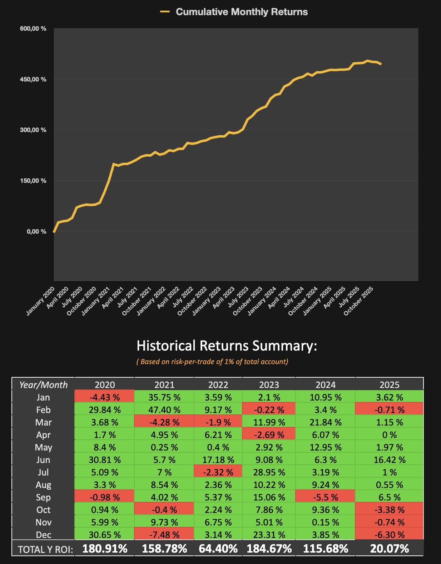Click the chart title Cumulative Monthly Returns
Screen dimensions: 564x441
click(242, 12)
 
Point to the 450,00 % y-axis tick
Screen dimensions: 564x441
click(33, 79)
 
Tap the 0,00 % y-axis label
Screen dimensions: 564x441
click(36, 232)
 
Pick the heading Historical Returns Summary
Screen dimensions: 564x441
click(227, 346)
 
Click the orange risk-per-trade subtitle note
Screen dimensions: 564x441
click(212, 362)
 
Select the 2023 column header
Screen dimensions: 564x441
click(269, 385)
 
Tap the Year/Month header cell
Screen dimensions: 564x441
click(43, 385)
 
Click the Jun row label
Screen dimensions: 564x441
click(43, 460)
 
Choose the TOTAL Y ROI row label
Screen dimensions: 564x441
click(45, 549)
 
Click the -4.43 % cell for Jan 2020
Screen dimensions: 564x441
click(105, 397)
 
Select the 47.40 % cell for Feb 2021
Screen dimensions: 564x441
click(164, 410)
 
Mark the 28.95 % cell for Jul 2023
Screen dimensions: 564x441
click(269, 472)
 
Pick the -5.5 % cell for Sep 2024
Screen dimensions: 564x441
click(326, 497)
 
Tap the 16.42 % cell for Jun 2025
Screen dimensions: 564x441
click(390, 460)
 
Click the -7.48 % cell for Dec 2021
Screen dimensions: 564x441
click(164, 535)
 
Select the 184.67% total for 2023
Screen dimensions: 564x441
click(269, 549)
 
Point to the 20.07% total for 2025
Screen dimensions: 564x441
click(390, 549)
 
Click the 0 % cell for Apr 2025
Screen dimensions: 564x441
click(390, 435)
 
